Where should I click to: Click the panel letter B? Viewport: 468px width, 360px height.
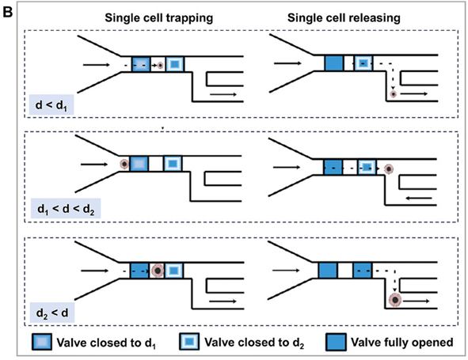(x=7, y=13)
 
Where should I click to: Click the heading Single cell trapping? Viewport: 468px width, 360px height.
(x=159, y=18)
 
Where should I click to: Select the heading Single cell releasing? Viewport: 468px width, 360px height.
(x=344, y=18)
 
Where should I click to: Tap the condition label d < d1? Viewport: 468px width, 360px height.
(x=51, y=105)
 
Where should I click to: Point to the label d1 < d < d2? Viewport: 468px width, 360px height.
(x=66, y=209)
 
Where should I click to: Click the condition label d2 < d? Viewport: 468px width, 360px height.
(x=52, y=313)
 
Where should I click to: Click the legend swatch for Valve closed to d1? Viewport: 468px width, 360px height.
(x=42, y=342)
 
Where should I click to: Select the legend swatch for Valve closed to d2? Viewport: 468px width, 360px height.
(x=189, y=342)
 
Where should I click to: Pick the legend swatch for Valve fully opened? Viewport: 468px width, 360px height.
(x=336, y=342)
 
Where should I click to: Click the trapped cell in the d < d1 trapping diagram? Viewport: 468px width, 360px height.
(x=161, y=65)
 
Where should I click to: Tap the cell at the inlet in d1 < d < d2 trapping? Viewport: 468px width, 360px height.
(x=124, y=164)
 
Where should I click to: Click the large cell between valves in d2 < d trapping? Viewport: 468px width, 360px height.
(x=158, y=271)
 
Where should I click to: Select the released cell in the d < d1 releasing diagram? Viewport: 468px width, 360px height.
(x=394, y=94)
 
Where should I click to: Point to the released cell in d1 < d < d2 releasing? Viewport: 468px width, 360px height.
(x=389, y=169)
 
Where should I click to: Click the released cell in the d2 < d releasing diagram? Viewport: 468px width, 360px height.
(x=395, y=301)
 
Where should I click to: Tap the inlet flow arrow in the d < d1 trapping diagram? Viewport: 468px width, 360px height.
(x=97, y=64)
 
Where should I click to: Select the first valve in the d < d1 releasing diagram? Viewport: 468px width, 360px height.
(x=334, y=63)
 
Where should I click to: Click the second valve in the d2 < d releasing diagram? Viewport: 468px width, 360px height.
(x=363, y=271)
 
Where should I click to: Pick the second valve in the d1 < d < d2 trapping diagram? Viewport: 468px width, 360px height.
(x=173, y=164)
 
